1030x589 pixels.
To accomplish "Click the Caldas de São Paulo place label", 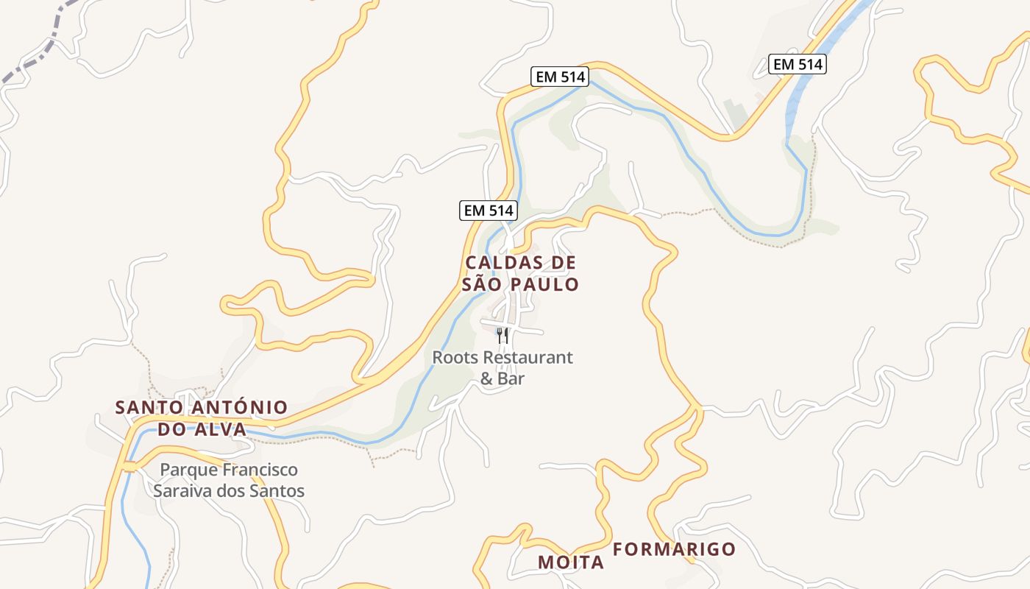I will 521,273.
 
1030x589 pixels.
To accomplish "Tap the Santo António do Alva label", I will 202,418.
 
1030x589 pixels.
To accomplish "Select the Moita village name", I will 571,562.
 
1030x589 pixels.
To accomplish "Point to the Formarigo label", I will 674,549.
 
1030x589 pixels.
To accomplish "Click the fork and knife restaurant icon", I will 502,336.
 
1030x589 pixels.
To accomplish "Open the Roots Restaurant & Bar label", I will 502,368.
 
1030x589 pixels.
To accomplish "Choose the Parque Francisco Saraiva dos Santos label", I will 229,480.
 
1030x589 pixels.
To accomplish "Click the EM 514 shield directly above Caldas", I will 489,211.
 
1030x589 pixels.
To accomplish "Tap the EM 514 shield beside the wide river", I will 798,64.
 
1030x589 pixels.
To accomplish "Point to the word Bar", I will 513,379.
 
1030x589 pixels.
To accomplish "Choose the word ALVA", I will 221,429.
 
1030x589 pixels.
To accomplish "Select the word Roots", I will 452,358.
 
